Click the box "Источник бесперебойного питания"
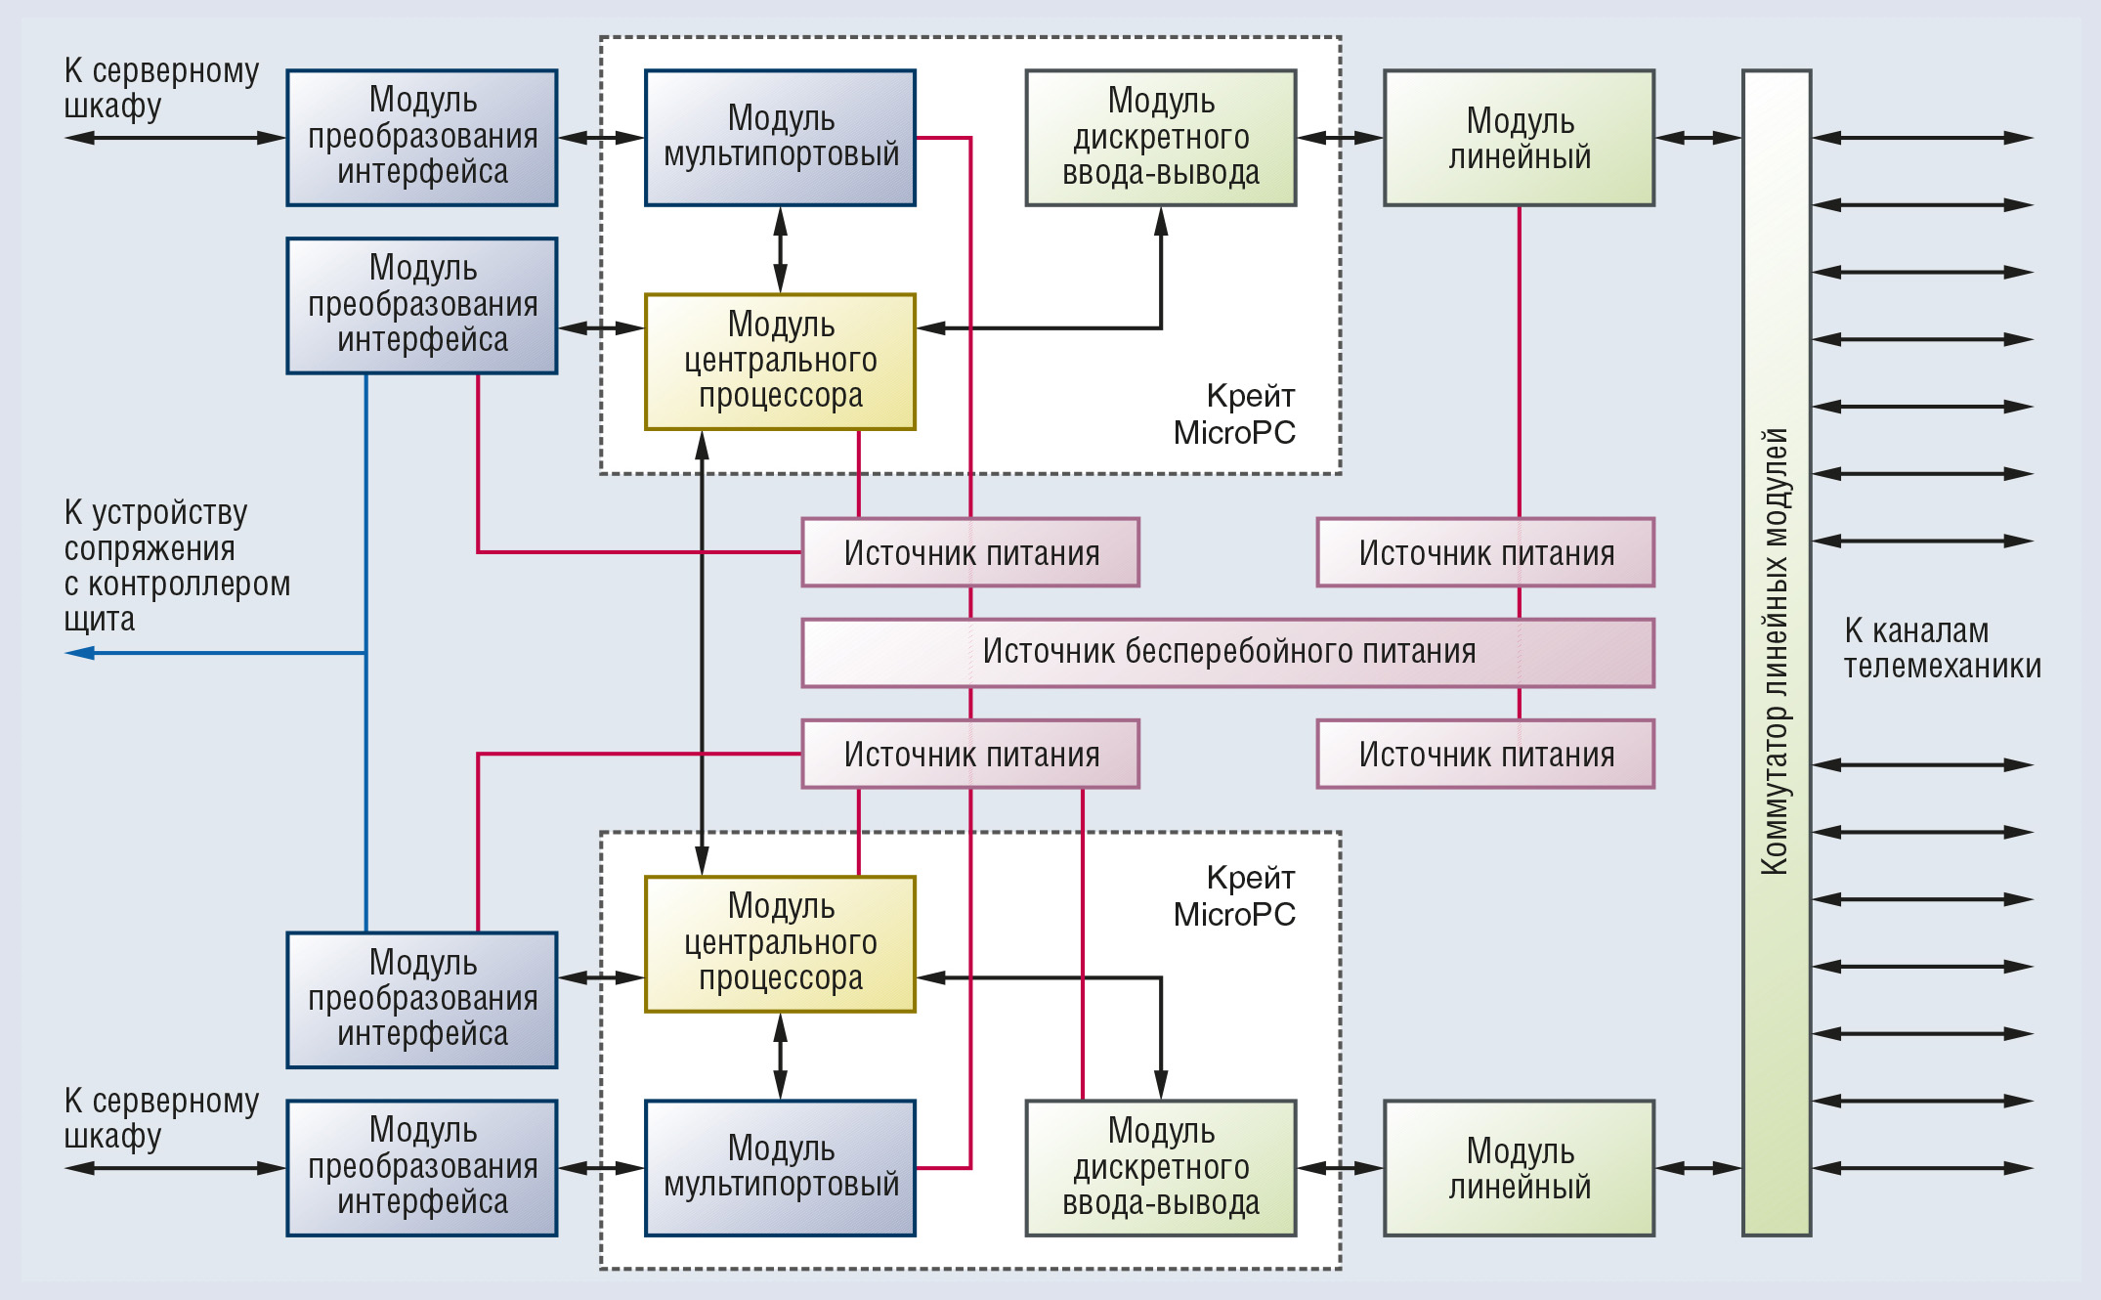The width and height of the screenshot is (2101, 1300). click(1227, 652)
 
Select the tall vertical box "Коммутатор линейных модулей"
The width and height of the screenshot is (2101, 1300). click(1777, 652)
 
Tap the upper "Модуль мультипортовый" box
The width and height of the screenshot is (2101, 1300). click(780, 137)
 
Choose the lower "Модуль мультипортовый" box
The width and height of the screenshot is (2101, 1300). click(780, 1167)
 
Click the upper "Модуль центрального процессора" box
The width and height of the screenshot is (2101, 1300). click(780, 361)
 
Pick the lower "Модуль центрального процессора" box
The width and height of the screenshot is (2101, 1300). click(780, 943)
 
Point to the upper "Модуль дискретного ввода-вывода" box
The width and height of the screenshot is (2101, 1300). click(1161, 137)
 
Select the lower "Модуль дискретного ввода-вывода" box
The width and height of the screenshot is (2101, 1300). click(1161, 1167)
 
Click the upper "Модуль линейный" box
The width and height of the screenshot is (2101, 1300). click(1520, 137)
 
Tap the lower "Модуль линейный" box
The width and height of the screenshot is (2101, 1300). click(1520, 1167)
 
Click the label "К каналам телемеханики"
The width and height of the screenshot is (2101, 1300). click(1942, 648)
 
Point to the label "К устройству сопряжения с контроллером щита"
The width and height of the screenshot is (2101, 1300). click(177, 565)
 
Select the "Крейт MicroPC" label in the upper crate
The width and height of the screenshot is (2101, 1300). click(1234, 413)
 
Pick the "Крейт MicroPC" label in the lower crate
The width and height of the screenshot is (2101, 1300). click(1234, 895)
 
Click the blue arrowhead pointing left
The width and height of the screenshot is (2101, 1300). click(79, 652)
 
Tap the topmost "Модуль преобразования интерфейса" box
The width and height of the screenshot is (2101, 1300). click(422, 137)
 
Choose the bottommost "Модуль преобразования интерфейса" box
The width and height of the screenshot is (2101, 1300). click(422, 1167)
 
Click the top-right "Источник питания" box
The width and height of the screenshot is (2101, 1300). click(1485, 552)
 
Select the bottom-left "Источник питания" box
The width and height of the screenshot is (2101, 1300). click(970, 754)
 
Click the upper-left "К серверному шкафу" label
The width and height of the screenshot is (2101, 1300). click(161, 88)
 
